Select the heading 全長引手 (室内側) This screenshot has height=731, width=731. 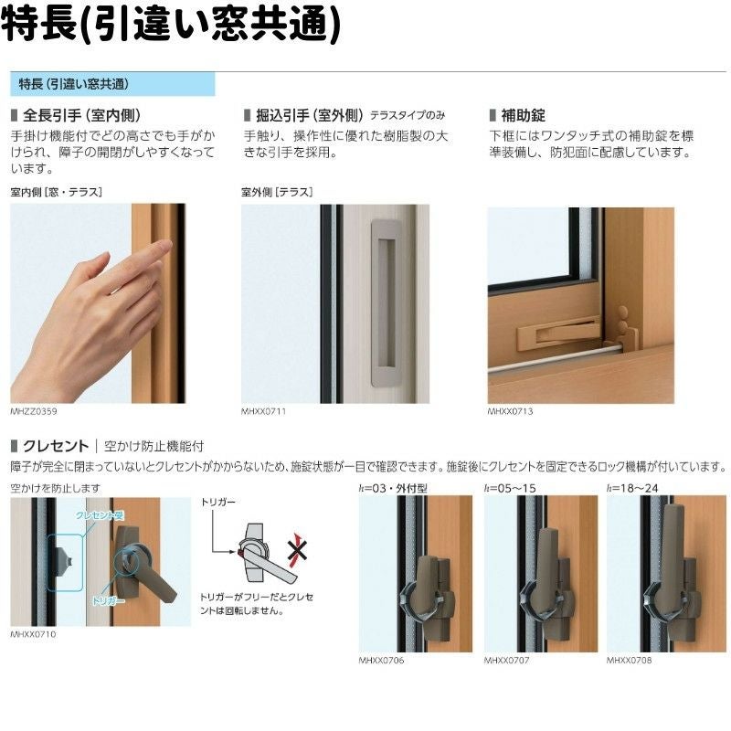point(80,115)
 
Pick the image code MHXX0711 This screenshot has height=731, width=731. point(264,412)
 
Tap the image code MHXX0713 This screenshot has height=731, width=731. point(510,412)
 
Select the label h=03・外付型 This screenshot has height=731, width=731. point(394,489)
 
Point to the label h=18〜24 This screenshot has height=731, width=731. point(632,489)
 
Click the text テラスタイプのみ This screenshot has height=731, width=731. point(408,116)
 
